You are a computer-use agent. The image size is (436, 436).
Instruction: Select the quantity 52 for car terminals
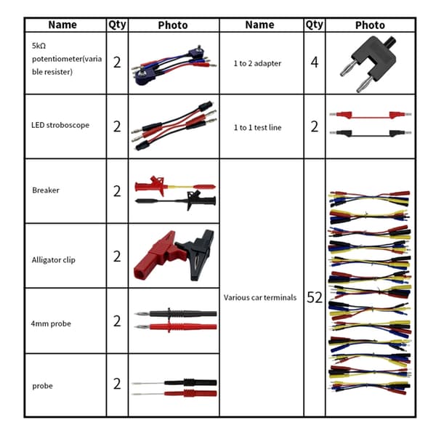click(315, 297)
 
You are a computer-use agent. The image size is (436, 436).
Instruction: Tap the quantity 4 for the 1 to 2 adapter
click(315, 62)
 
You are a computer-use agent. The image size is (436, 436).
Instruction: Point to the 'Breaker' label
click(46, 190)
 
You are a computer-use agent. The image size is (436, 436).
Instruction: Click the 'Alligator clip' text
click(53, 260)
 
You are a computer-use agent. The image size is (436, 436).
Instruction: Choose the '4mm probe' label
click(51, 323)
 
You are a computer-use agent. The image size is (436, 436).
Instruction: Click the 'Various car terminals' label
click(260, 297)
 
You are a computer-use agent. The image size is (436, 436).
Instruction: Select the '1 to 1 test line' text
click(257, 128)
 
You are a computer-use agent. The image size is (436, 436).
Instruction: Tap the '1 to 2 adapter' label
click(257, 63)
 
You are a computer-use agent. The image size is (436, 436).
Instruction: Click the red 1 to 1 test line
click(371, 115)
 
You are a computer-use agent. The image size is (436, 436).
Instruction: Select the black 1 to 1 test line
click(371, 134)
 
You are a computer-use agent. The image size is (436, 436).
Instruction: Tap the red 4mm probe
click(176, 326)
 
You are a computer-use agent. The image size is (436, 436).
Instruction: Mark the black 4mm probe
click(176, 314)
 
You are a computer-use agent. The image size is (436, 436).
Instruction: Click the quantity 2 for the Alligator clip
click(117, 257)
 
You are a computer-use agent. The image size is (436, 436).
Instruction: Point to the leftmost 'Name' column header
click(62, 25)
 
